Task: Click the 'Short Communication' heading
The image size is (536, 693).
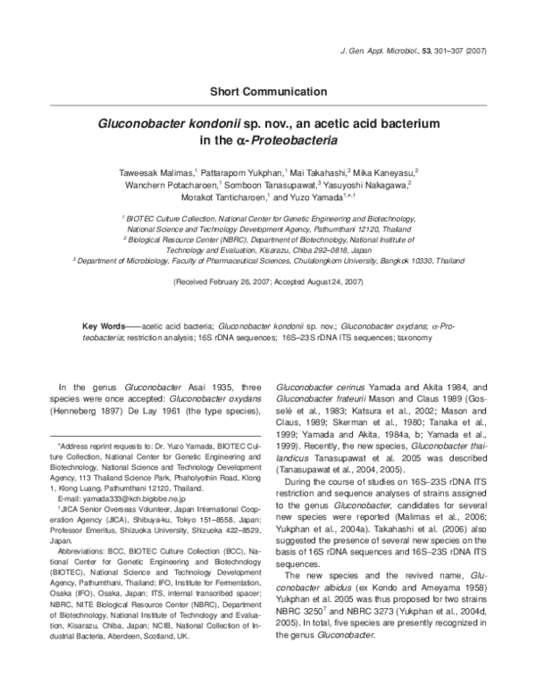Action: (x=268, y=91)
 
